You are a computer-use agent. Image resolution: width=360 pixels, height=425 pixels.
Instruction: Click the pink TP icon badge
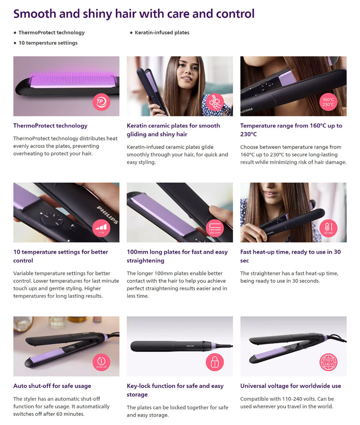click(101, 102)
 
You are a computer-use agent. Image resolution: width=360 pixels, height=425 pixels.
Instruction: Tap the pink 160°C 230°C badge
click(328, 102)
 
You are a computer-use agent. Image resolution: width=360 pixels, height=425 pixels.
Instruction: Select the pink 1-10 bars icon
click(101, 228)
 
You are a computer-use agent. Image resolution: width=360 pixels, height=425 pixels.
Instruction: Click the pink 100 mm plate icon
click(215, 228)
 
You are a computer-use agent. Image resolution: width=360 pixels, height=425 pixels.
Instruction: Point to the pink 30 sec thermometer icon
click(328, 228)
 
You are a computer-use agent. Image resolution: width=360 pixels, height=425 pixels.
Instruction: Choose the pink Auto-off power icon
click(101, 362)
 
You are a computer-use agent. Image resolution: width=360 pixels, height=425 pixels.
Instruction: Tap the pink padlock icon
click(215, 362)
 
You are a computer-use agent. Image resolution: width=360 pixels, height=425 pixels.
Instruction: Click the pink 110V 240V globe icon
click(328, 362)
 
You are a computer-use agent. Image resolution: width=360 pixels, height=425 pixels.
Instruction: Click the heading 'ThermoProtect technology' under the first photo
click(50, 126)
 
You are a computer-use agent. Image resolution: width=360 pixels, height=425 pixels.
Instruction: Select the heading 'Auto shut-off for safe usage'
click(52, 386)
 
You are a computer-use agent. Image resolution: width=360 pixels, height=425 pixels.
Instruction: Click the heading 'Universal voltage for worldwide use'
click(291, 386)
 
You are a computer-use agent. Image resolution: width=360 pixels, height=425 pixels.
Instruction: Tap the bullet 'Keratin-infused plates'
click(162, 33)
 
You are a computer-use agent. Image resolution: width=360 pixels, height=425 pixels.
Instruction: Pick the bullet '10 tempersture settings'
click(48, 43)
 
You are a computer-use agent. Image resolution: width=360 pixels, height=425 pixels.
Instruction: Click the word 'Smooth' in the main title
click(35, 14)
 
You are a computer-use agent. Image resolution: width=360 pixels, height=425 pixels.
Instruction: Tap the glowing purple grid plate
click(73, 80)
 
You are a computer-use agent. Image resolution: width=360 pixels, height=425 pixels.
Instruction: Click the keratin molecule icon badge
click(215, 102)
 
